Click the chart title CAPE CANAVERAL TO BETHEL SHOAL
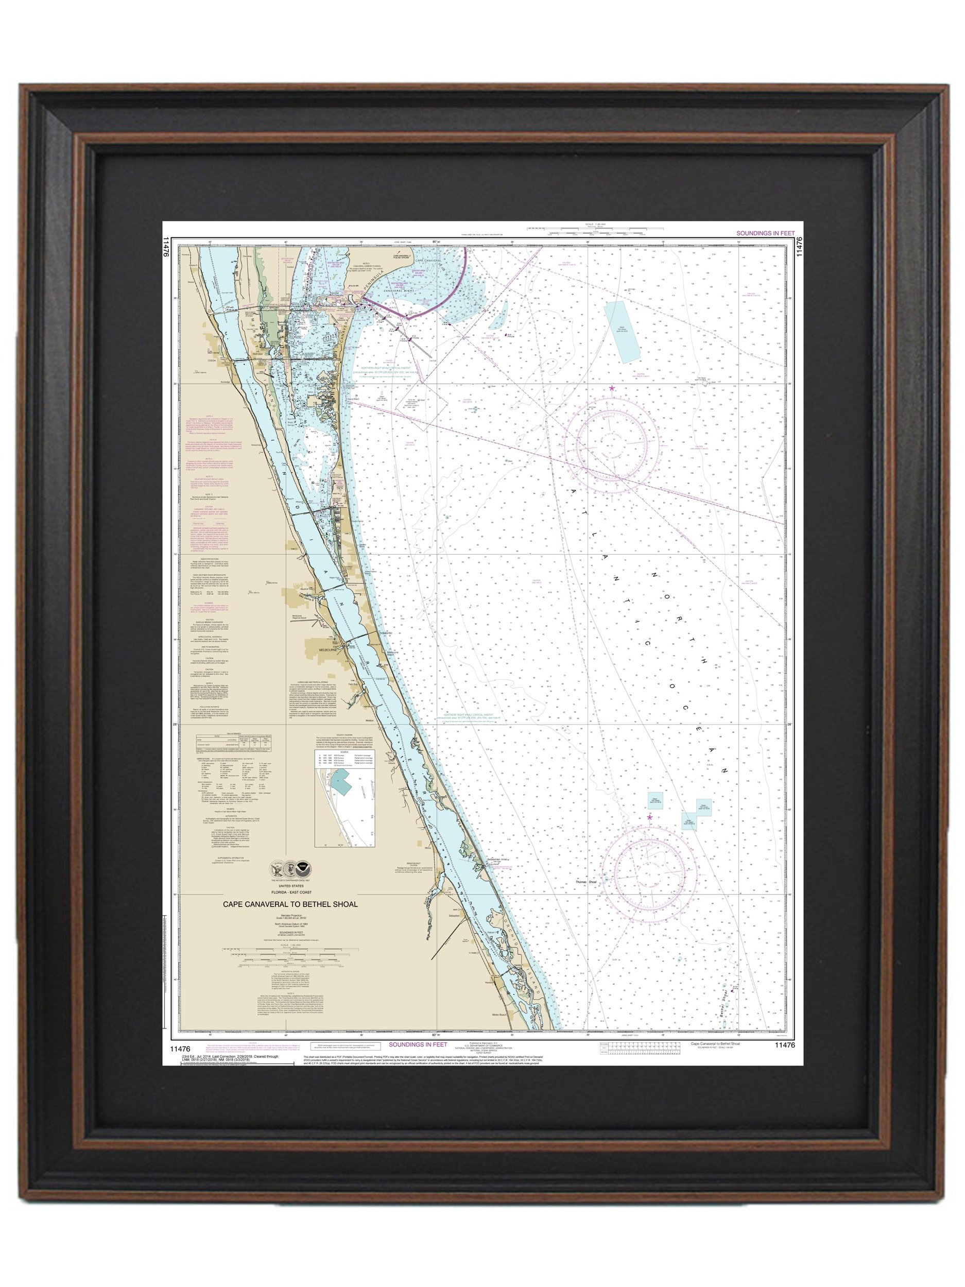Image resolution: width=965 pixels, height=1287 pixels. [x=291, y=904]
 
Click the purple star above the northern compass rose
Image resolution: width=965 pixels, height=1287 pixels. [x=611, y=389]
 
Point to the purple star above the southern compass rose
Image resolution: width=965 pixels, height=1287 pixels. [x=650, y=817]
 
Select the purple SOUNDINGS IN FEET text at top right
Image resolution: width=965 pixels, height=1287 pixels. [x=765, y=233]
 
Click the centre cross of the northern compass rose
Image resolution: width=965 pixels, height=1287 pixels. [x=612, y=448]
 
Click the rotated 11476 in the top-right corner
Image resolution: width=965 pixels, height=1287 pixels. [x=799, y=246]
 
